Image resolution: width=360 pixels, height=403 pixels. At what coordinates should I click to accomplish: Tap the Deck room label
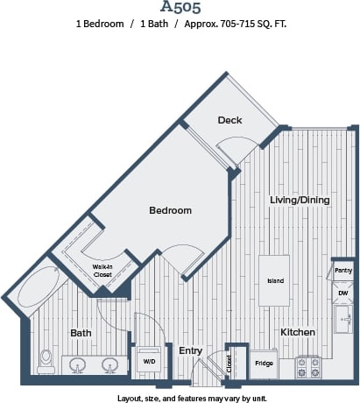pos(229,120)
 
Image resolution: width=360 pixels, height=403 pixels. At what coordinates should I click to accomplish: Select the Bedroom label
pos(170,210)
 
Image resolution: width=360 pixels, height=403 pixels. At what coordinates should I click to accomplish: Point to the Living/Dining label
pos(300,200)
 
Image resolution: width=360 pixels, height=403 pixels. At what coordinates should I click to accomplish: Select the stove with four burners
pos(307,366)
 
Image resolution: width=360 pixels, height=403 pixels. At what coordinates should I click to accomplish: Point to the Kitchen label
pos(297,332)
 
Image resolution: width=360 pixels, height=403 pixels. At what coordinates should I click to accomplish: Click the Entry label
pos(191,350)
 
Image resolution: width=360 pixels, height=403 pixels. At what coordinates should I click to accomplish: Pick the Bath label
pos(81,333)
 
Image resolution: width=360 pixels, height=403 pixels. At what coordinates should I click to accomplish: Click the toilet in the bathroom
pos(46,360)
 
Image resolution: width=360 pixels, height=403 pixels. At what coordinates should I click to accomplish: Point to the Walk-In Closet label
pos(103,270)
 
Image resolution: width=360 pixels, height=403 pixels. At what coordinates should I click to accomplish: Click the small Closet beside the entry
pos(230,363)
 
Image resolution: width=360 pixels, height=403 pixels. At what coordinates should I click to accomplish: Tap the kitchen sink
pos(343,320)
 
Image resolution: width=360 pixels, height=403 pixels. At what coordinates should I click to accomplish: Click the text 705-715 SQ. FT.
pos(243,24)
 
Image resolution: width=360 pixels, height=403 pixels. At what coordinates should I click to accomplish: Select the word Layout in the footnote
pos(131,397)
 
